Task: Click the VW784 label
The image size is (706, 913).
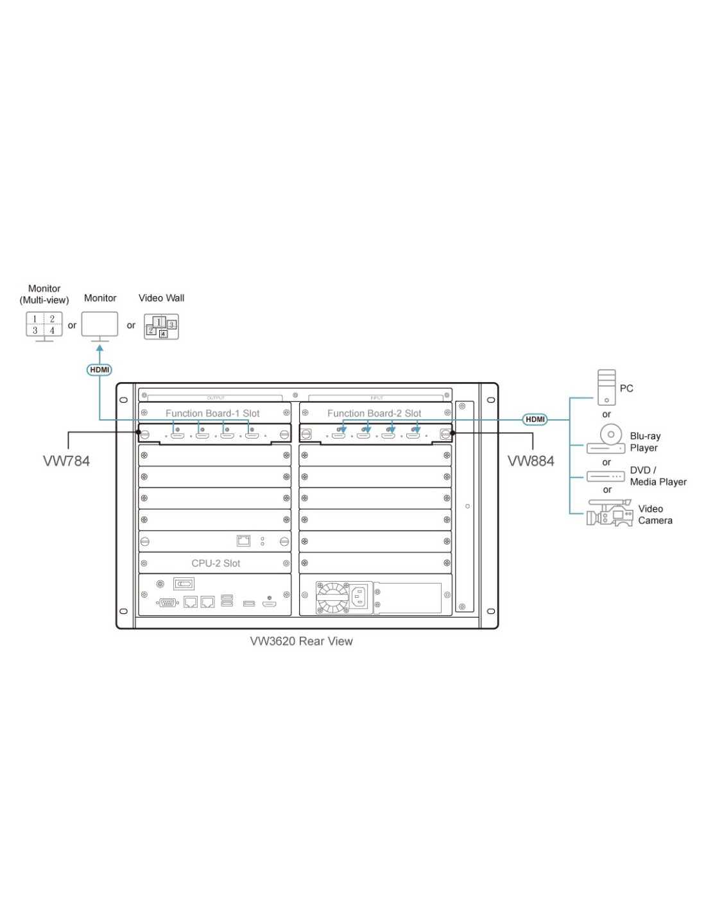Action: pos(66,461)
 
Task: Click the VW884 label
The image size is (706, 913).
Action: pos(531,461)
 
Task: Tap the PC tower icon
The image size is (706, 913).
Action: pos(606,387)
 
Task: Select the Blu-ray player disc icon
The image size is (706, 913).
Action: pos(610,435)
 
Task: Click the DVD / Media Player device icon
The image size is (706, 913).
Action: pos(605,476)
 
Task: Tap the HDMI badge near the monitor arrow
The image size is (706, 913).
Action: pos(99,370)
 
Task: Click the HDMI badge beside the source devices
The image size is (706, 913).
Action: pos(535,419)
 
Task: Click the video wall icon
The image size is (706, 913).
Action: pos(161,326)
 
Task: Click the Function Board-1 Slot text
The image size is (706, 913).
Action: pos(212,413)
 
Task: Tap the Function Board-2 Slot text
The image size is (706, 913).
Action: pos(374,413)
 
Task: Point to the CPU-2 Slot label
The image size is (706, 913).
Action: pos(216,563)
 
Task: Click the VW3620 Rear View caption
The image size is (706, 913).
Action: pos(301,641)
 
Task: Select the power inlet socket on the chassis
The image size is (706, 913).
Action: pos(359,596)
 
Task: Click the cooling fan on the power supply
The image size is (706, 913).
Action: pos(332,597)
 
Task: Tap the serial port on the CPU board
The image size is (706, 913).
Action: pos(168,602)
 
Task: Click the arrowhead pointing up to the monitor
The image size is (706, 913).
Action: pos(99,349)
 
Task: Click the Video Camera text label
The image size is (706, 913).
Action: pos(655,514)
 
